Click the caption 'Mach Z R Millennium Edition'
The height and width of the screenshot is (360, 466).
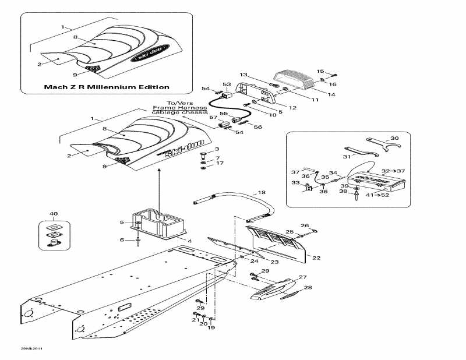pyautogui.click(x=107, y=87)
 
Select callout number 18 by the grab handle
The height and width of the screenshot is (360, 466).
pyautogui.click(x=262, y=192)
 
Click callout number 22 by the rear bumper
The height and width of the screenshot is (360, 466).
pyautogui.click(x=316, y=257)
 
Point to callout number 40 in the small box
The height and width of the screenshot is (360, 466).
pyautogui.click(x=54, y=214)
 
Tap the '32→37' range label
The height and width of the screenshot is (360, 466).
pyautogui.click(x=393, y=170)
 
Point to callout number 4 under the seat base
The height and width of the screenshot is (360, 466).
pyautogui.click(x=189, y=240)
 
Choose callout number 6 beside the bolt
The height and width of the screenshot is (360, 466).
pyautogui.click(x=122, y=240)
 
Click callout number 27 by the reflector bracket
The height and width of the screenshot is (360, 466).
pyautogui.click(x=302, y=277)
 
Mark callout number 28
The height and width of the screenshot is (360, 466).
pyautogui.click(x=308, y=287)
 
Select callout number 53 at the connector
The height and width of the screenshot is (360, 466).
pyautogui.click(x=227, y=84)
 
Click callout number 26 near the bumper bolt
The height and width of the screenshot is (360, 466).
pyautogui.click(x=304, y=225)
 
